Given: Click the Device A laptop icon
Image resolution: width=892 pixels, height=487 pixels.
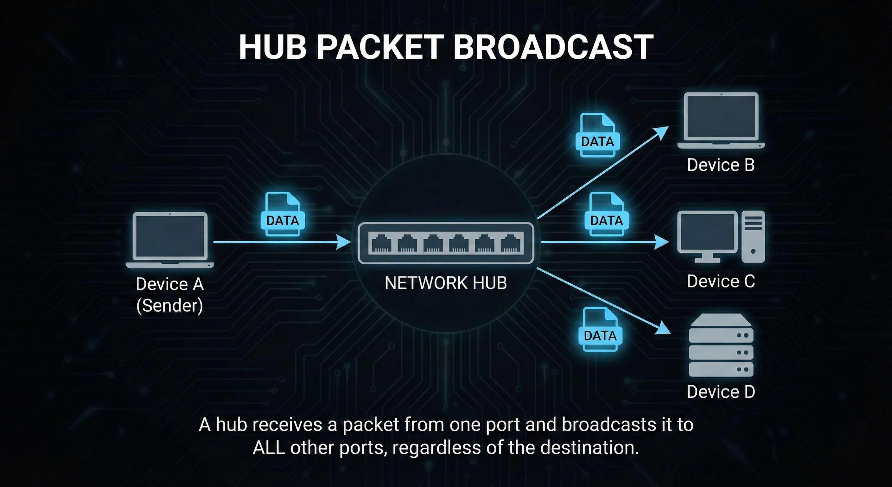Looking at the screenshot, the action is [170, 240].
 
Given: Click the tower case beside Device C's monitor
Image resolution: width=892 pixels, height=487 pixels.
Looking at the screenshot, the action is [753, 237].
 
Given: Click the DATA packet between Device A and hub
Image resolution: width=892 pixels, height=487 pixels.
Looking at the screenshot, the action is [283, 214].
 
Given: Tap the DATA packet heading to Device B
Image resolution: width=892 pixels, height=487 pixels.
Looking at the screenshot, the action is [597, 135].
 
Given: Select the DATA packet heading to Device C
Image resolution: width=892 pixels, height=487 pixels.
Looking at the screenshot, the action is [606, 214].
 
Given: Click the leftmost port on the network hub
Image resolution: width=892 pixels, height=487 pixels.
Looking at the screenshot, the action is [382, 243].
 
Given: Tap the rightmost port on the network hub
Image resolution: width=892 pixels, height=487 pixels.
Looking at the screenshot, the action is [510, 243].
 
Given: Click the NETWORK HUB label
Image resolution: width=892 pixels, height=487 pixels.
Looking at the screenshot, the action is [446, 283].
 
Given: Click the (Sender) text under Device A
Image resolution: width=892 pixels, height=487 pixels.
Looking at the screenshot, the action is [170, 305].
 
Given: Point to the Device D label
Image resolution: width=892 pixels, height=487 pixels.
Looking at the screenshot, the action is [721, 392].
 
